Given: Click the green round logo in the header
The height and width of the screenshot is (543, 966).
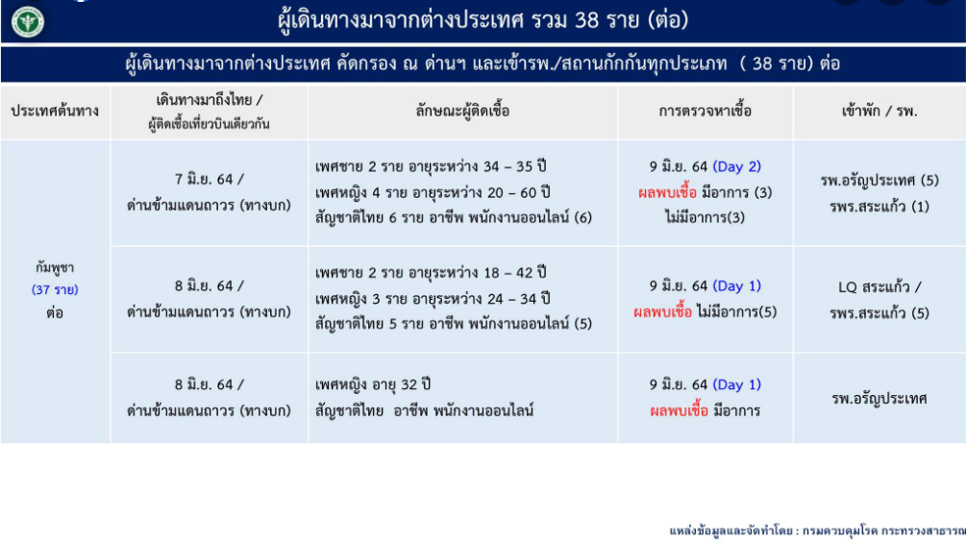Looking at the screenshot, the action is pos(28,21).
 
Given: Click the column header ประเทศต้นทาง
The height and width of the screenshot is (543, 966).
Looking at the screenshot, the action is pos(55,111).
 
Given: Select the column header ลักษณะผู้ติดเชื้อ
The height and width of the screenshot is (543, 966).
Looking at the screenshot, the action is pos(462,111).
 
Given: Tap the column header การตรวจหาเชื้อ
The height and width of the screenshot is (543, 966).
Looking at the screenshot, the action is pos(706,111).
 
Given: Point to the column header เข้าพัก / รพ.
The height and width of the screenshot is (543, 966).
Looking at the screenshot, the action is pos(879,111).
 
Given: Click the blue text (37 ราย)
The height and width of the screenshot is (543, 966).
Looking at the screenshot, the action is pos(55,289).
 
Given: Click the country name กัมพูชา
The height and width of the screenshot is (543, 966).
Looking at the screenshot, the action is pos(55,268).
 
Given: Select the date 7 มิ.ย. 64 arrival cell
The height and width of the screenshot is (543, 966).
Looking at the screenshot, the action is pos(209,179).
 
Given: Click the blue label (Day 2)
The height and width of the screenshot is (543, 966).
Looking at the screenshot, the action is pos(737,167).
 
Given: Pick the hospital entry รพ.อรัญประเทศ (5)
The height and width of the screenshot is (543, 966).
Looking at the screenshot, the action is pos(879,181).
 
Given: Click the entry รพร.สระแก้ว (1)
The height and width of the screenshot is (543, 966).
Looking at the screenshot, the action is pos(879,207).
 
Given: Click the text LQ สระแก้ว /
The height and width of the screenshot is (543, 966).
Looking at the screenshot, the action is pos(879,287).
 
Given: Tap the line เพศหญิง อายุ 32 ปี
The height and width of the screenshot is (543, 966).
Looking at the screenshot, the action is pos(373,384).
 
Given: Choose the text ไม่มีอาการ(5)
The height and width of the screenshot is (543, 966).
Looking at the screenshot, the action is pos(737,312).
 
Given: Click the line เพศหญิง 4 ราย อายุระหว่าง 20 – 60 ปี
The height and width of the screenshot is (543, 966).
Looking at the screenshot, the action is pos(433,193).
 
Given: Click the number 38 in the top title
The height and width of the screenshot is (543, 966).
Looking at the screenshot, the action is pos(586,20).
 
